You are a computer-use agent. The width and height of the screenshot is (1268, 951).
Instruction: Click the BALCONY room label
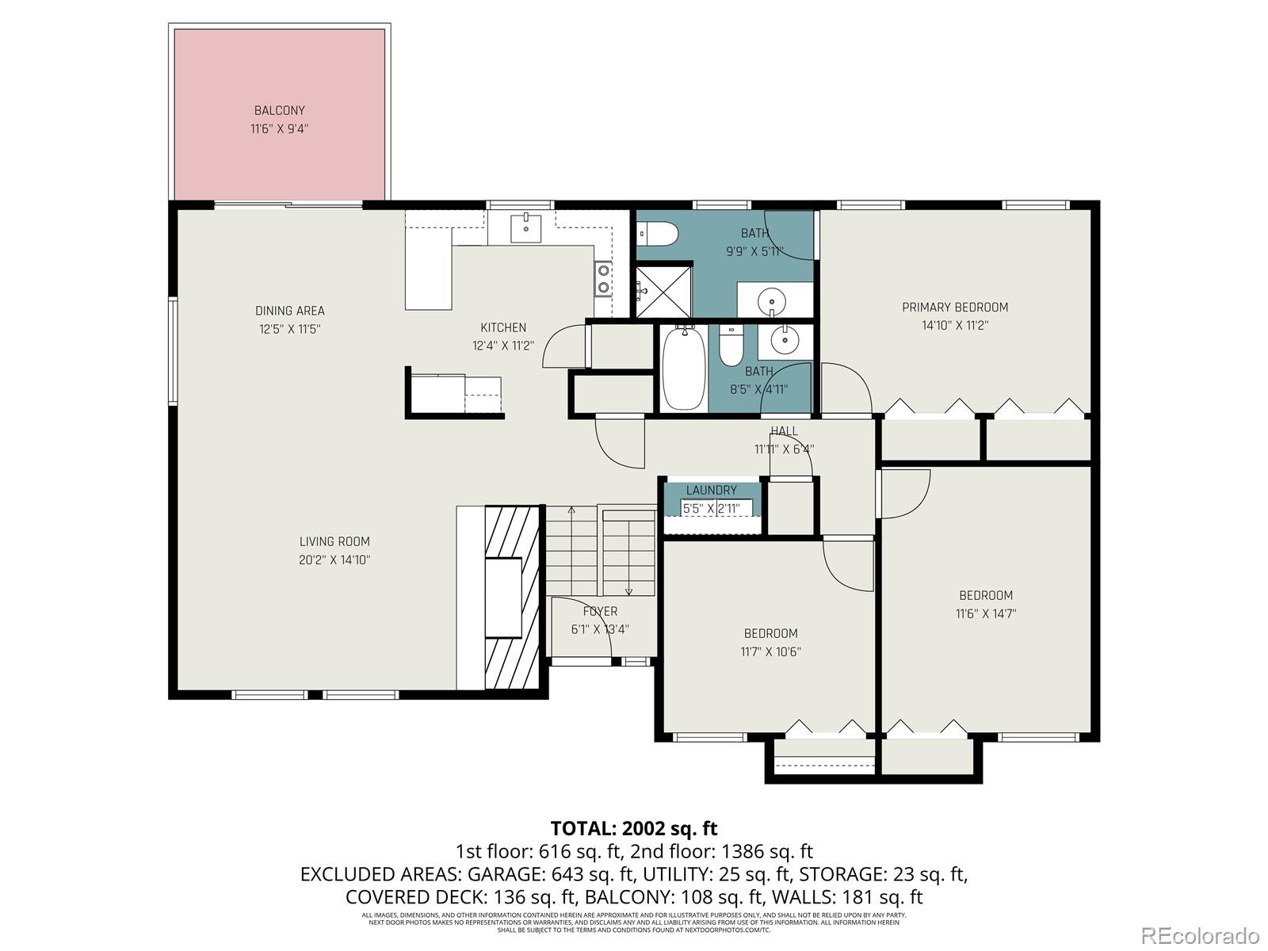(279, 111)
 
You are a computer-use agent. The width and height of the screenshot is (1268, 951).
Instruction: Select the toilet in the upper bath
(659, 234)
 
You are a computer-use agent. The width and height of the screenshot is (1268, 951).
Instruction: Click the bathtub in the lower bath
(683, 370)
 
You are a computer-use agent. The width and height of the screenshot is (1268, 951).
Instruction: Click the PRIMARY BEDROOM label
(955, 307)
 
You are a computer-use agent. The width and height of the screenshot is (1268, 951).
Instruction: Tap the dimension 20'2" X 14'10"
(334, 560)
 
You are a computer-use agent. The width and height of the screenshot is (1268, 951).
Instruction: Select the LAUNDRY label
(711, 491)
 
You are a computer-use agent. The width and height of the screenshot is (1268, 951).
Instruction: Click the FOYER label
(600, 612)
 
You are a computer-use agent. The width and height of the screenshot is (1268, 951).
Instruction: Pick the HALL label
(784, 431)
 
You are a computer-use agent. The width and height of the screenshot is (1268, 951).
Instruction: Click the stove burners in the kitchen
(603, 278)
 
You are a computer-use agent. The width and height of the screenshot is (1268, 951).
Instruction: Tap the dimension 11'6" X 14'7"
(986, 613)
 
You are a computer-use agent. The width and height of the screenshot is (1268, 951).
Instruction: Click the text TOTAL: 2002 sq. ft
(634, 829)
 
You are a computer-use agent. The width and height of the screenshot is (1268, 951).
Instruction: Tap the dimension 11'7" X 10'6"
(770, 652)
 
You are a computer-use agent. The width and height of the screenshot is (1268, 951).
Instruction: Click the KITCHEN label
(503, 328)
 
